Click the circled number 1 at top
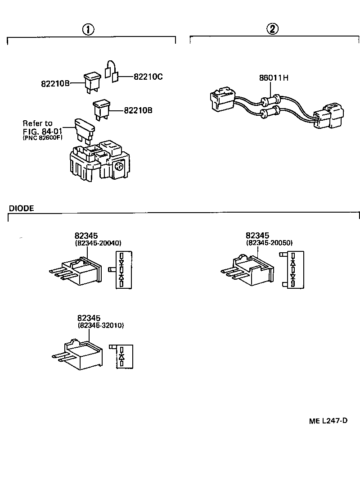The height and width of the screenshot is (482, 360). (x=88, y=30)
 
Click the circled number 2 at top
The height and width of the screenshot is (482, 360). (x=273, y=30)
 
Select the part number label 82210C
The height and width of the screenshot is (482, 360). (x=148, y=77)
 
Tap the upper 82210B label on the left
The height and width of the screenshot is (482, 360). (x=55, y=84)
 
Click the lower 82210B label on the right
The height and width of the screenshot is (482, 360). (x=138, y=110)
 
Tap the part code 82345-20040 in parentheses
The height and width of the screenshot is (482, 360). (x=99, y=243)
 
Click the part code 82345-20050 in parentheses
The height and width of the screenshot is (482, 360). (x=269, y=243)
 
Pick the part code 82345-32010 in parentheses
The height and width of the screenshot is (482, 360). (x=101, y=325)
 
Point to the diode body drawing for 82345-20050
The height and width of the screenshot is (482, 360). (x=250, y=270)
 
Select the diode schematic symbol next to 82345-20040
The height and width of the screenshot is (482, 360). (x=121, y=270)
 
